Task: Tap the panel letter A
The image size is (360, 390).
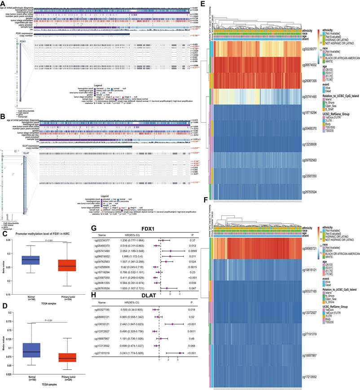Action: (x=3, y=4)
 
